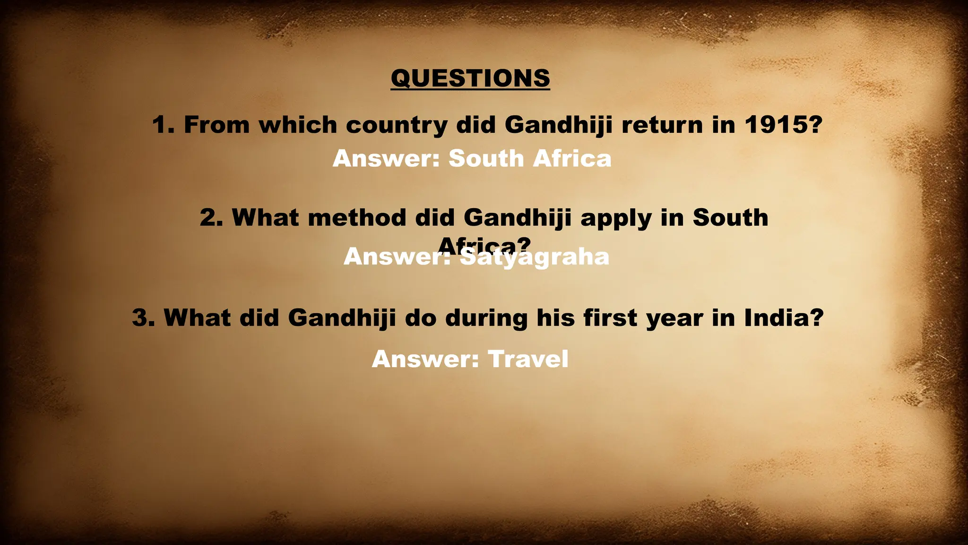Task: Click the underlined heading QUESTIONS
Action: (470, 78)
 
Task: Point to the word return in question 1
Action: (662, 125)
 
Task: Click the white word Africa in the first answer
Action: (572, 158)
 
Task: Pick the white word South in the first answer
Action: (486, 158)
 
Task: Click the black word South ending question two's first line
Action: (730, 218)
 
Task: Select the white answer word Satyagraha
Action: (535, 257)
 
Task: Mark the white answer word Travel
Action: (528, 359)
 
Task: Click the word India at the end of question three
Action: (784, 317)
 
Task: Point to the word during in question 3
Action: (486, 318)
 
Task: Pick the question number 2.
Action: (211, 218)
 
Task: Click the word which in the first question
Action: (298, 125)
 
